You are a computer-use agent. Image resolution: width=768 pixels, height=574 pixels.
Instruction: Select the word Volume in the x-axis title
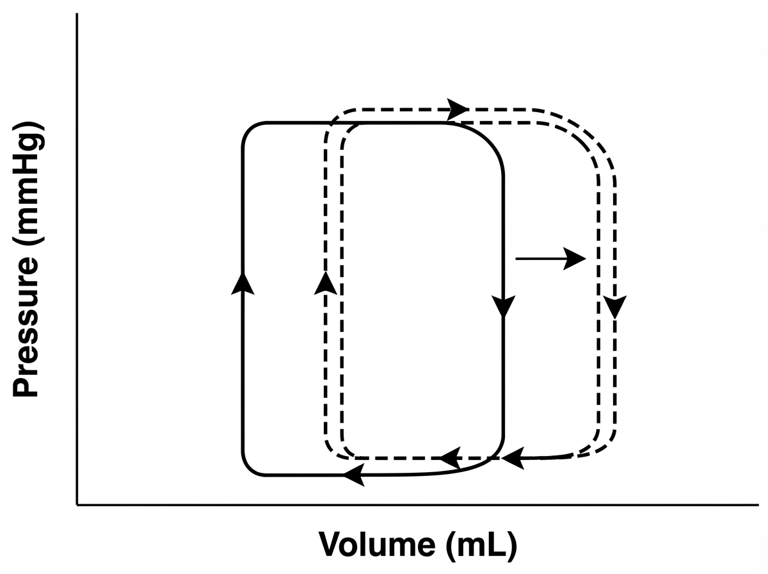click(374, 544)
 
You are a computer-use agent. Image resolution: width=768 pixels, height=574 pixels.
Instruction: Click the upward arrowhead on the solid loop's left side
click(243, 283)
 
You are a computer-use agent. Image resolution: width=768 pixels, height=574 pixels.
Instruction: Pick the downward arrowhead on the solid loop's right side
click(504, 306)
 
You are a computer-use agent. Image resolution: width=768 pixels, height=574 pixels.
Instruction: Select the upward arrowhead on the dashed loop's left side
click(325, 283)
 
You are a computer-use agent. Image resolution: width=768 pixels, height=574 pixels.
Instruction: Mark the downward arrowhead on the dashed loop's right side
click(615, 307)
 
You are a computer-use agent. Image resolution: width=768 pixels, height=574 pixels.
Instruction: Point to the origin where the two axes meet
click(77, 505)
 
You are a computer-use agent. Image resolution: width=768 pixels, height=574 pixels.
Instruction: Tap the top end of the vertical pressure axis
click(77, 14)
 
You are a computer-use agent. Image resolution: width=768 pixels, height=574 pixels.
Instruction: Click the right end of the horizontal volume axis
click(757, 505)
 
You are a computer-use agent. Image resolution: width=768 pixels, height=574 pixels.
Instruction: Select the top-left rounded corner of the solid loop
click(250, 129)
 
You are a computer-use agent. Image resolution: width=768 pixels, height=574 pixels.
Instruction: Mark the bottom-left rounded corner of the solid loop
click(250, 468)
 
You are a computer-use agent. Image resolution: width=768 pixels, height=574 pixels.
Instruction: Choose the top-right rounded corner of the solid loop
click(492, 137)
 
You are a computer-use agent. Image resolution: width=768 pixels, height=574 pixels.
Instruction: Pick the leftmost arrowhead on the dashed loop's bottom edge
click(450, 457)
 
